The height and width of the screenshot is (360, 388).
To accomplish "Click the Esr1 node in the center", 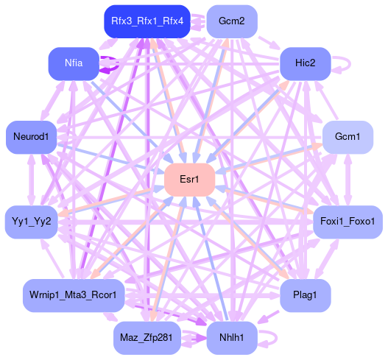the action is (x=189, y=180).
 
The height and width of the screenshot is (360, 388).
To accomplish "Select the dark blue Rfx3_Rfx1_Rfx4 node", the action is (x=147, y=21).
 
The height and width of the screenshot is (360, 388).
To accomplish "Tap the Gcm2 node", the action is (x=232, y=21).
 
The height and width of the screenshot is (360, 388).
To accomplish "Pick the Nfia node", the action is (x=74, y=63).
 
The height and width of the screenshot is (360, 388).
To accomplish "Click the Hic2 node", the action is (x=306, y=63).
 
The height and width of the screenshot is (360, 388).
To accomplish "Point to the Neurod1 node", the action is (x=31, y=137).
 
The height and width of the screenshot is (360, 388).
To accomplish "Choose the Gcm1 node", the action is (x=348, y=137).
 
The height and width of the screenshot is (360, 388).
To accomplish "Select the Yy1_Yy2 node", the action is (x=32, y=222).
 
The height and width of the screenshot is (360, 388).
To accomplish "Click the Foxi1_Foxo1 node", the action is (x=348, y=222).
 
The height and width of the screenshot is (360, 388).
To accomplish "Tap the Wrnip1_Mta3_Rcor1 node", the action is (x=74, y=295).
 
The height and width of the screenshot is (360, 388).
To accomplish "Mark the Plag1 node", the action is (x=306, y=295).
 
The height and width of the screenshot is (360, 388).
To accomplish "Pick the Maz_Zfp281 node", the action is (x=147, y=338).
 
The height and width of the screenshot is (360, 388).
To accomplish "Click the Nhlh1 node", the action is (x=232, y=338).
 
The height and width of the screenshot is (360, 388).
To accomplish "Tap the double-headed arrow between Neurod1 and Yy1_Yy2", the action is (x=32, y=180).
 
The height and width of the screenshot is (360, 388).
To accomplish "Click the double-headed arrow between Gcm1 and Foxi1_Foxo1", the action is (x=348, y=180).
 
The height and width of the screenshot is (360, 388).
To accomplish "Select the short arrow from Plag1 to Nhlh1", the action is (x=268, y=317).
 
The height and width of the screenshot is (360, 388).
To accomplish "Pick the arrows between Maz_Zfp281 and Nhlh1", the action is (x=194, y=338).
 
